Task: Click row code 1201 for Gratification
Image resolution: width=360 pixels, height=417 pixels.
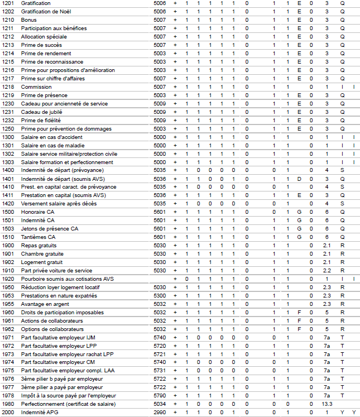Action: (x=8, y=3)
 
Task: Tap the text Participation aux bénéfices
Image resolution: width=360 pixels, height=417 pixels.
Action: (x=54, y=28)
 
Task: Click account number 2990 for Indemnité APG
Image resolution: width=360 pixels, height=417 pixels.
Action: (x=160, y=413)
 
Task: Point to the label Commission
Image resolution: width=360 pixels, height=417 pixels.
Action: (x=36, y=87)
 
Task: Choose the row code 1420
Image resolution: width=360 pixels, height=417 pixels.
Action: (x=8, y=204)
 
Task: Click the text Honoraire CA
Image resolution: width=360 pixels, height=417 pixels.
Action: (x=37, y=212)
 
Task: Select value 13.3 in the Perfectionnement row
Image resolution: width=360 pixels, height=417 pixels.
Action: (x=327, y=404)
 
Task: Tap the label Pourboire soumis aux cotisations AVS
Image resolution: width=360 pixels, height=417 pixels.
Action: (x=67, y=279)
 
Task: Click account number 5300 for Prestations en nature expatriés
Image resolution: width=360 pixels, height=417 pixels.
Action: (x=160, y=295)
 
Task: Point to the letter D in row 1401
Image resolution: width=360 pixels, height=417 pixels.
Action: (x=299, y=179)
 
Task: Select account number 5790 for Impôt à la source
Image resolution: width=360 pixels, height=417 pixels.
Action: (x=160, y=396)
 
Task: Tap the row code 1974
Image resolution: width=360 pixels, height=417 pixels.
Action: (x=8, y=362)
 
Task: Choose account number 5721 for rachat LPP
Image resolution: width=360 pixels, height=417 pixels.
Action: (x=160, y=354)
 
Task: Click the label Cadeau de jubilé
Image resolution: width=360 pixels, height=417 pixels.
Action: (x=41, y=112)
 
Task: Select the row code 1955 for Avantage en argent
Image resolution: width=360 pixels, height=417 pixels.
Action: (x=8, y=304)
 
